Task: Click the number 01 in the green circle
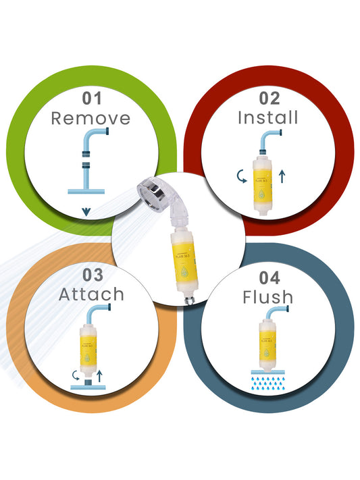[x=93, y=98]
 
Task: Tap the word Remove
[x=91, y=119]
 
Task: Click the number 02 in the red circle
[x=268, y=98]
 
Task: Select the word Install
[x=267, y=117]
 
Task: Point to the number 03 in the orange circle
[x=93, y=275]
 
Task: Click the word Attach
[x=91, y=295]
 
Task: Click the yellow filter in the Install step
[x=259, y=177]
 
